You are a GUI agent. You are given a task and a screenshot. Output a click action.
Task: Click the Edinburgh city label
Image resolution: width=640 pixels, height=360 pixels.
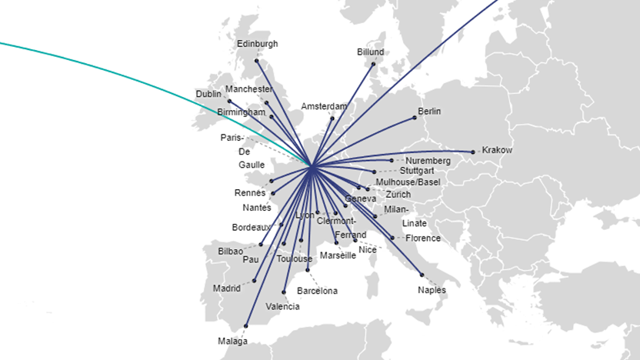pyautogui.click(x=258, y=44)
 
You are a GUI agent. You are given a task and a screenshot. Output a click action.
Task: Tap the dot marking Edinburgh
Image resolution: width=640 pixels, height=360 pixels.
pyautogui.click(x=257, y=60)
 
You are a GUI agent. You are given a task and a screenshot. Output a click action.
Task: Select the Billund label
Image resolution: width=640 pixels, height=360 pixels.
pyautogui.click(x=371, y=52)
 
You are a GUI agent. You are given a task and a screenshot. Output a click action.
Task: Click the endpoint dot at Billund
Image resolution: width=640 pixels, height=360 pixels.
pyautogui.click(x=373, y=64)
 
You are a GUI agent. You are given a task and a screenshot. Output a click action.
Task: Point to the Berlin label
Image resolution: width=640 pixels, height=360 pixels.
pyautogui.click(x=429, y=112)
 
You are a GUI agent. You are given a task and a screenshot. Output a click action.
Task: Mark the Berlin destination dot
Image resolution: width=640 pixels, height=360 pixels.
pyautogui.click(x=415, y=117)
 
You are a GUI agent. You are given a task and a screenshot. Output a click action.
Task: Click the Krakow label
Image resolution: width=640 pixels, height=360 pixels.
pyautogui.click(x=496, y=150)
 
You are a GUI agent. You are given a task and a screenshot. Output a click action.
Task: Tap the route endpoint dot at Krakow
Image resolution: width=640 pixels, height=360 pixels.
pyautogui.click(x=473, y=152)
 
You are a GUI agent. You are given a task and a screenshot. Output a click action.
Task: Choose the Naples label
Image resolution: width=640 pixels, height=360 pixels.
pyautogui.click(x=432, y=290)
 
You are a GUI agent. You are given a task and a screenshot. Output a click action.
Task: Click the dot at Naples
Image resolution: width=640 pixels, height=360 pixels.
pyautogui.click(x=422, y=275)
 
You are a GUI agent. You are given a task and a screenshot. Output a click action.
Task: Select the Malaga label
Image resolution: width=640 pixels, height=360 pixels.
pyautogui.click(x=232, y=341)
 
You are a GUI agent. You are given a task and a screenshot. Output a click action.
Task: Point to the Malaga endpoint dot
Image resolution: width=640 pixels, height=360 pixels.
pyautogui.click(x=245, y=325)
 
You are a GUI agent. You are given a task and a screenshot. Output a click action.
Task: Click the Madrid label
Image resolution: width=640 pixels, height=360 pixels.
pyautogui.click(x=228, y=288)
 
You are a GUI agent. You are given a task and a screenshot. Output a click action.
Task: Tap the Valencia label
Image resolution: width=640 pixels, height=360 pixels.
pyautogui.click(x=282, y=306)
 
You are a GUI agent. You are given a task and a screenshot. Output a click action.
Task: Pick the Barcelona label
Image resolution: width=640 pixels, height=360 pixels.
pyautogui.click(x=317, y=291)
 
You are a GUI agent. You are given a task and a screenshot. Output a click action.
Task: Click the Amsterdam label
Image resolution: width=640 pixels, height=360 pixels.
pyautogui.click(x=324, y=106)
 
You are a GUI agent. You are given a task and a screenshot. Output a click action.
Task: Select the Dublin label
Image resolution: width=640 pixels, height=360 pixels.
pyautogui.click(x=208, y=94)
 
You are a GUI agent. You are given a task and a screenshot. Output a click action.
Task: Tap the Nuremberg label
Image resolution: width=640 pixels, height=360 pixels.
pyautogui.click(x=428, y=161)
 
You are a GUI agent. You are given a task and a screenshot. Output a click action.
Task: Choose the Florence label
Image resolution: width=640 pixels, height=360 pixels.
pyautogui.click(x=423, y=238)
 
